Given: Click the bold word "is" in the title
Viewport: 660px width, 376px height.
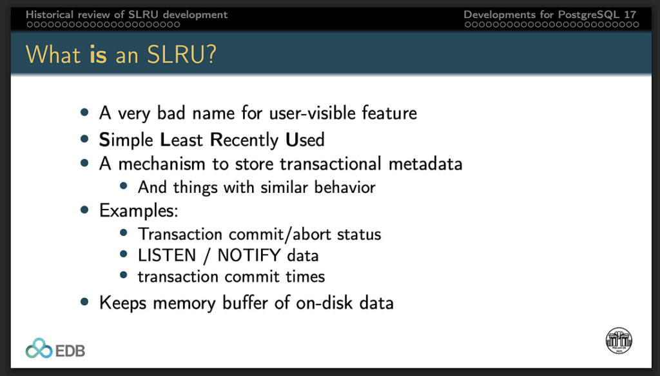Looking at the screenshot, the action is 98,55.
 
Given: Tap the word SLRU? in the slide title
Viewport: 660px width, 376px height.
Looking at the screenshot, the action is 181,54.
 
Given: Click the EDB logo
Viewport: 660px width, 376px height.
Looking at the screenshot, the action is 55,349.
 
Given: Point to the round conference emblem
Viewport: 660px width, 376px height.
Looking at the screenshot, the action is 619,341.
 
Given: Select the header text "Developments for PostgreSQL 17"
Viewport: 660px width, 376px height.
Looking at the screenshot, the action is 550,14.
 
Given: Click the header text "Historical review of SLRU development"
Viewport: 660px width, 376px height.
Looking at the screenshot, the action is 126,14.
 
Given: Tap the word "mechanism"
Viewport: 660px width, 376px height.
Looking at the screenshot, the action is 162,164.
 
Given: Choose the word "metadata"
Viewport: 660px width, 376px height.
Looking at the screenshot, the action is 425,164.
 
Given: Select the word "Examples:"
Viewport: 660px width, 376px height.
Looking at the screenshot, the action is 139,210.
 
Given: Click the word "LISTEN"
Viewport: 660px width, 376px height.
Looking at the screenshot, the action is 167,255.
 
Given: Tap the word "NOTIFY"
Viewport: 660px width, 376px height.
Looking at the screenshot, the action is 249,255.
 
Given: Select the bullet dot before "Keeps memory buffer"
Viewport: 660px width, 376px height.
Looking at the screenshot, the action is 84,301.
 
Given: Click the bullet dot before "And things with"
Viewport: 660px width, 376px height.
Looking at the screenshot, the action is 123,186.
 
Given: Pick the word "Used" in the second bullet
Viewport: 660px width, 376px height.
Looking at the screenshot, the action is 305,140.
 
